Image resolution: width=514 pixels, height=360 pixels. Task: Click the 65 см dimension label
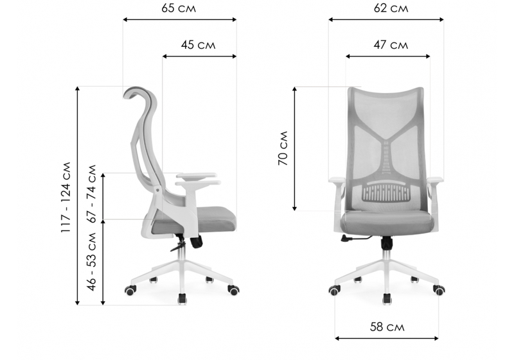pyautogui.click(x=179, y=8)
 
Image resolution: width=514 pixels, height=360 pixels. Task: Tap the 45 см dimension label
pyautogui.click(x=199, y=44)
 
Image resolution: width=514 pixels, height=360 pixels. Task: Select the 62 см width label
pyautogui.click(x=391, y=8)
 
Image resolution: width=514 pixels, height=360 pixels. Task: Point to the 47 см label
pyautogui.click(x=391, y=44)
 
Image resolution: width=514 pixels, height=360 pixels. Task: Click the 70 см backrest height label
pyautogui.click(x=283, y=148)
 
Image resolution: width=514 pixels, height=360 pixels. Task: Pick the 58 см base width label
pyautogui.click(x=387, y=327)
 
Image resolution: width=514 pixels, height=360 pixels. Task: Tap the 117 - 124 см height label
pyautogui.click(x=66, y=197)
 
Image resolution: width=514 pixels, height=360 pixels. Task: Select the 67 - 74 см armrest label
pyautogui.click(x=92, y=194)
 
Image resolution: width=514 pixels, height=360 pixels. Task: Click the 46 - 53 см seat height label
pyautogui.click(x=92, y=261)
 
